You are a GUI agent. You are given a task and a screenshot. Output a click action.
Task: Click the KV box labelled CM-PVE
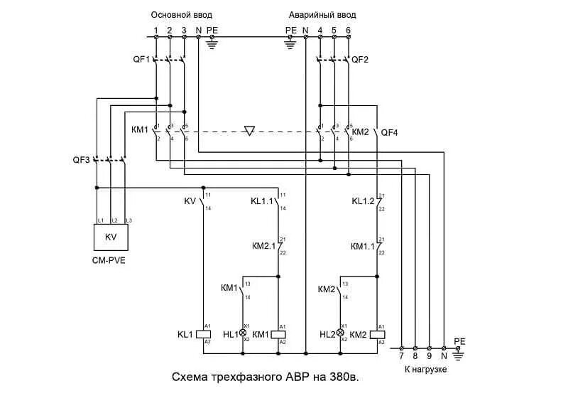click(x=111, y=237)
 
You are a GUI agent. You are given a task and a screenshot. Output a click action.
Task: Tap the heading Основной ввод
click(x=181, y=14)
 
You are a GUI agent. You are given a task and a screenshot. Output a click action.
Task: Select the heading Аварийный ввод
click(x=322, y=14)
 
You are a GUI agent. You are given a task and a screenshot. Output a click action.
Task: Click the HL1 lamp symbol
click(x=242, y=333)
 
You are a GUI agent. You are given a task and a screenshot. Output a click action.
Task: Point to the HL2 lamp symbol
click(x=339, y=333)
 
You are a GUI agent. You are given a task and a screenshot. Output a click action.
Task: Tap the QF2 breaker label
click(x=361, y=60)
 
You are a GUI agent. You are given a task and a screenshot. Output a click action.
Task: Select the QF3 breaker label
click(x=82, y=160)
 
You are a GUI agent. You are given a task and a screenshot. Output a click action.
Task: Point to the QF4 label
click(x=390, y=132)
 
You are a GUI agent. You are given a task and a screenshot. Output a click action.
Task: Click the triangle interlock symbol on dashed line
click(x=248, y=131)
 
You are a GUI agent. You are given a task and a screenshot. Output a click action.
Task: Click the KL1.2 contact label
click(x=363, y=201)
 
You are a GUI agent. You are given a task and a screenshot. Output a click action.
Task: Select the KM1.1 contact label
click(x=362, y=246)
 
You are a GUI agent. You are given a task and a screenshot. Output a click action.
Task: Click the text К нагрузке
click(x=426, y=370)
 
